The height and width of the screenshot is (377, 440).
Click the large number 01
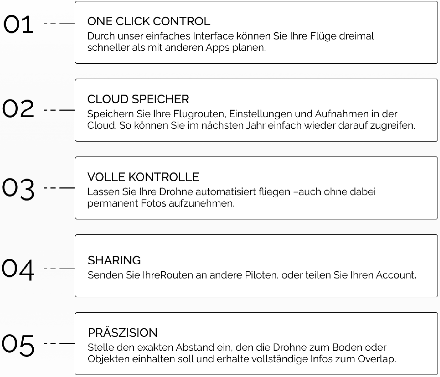19,24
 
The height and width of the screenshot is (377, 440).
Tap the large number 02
18,108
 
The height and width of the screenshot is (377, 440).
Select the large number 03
18,189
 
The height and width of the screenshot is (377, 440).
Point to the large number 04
18,270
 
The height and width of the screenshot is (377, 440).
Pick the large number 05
18,345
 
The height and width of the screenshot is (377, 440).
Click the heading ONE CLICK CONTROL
149,21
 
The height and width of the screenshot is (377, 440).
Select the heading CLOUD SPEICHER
138,99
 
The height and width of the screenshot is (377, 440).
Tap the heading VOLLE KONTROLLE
143,177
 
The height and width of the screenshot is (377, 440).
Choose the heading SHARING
114,260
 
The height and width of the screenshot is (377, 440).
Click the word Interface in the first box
213,36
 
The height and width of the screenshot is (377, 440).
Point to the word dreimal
357,36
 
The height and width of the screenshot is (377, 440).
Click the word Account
396,275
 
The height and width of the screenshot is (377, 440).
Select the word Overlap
377,359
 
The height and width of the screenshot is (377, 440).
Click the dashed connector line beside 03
59,188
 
